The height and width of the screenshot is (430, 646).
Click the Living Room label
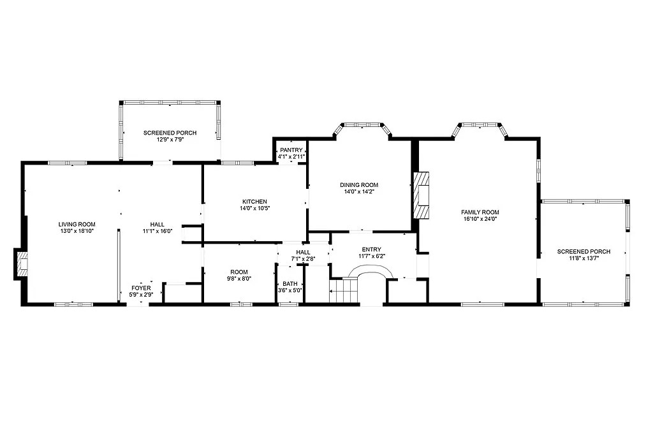[77, 225]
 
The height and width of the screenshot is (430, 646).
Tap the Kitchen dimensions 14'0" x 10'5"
[254, 208]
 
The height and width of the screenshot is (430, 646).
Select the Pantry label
[291, 150]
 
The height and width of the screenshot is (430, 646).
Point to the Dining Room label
[359, 185]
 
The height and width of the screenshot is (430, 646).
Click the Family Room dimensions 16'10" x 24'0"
[480, 219]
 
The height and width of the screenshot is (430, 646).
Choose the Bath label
[290, 284]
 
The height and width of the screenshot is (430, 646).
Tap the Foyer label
[141, 288]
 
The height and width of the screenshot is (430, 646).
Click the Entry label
[372, 249]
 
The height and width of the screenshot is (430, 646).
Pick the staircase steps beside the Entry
[343, 290]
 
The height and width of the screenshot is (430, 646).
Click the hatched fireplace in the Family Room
[422, 195]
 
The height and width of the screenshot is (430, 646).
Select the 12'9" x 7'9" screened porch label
[170, 136]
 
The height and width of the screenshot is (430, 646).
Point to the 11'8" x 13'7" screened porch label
[584, 255]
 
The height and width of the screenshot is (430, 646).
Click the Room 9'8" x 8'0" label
[239, 275]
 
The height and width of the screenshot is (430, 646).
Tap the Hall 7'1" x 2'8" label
[303, 256]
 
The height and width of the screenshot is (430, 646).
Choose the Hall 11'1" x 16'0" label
[157, 228]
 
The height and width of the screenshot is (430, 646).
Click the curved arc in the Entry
[371, 267]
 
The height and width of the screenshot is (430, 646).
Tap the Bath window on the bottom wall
[289, 304]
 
